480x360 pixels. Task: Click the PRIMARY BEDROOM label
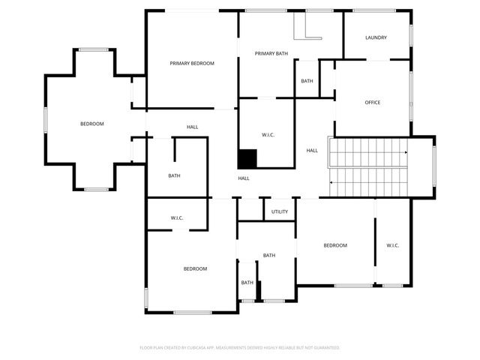pos(192,64)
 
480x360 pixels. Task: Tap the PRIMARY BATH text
pos(271,53)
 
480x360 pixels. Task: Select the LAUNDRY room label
pos(376,37)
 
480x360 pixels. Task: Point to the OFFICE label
pos(373,103)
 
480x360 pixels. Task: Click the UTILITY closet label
pos(280,212)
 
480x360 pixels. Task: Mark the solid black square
pos(247,159)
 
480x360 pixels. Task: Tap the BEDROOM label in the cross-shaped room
pos(92,124)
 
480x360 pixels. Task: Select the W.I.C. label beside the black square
pos(268,135)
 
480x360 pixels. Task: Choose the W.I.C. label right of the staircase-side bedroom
pos(393,245)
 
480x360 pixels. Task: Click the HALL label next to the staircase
pos(312,151)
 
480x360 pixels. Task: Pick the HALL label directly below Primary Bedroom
pos(192,127)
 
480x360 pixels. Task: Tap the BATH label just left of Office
pos(307,81)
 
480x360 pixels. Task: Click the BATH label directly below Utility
pos(269,256)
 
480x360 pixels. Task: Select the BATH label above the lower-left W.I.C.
pos(174,176)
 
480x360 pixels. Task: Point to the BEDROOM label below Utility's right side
pos(335,245)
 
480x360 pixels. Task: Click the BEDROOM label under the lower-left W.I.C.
pos(195,268)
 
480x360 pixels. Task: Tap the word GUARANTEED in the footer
pos(324,348)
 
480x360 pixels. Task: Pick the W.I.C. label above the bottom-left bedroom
pos(177,218)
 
